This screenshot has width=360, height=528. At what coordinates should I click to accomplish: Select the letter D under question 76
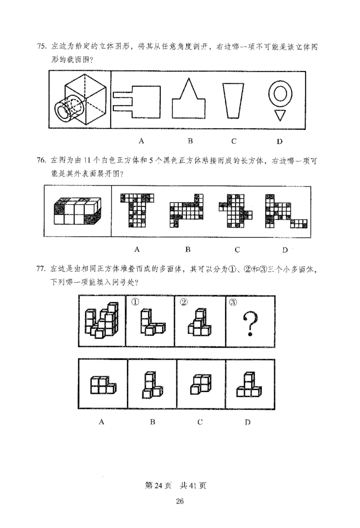[x=284, y=250]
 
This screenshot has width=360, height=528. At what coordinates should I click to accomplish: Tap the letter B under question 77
[x=153, y=422]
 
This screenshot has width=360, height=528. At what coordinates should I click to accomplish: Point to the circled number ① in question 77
[x=134, y=302]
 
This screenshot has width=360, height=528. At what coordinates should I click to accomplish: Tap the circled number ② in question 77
[x=182, y=302]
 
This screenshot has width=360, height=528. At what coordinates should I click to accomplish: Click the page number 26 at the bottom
[x=180, y=502]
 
